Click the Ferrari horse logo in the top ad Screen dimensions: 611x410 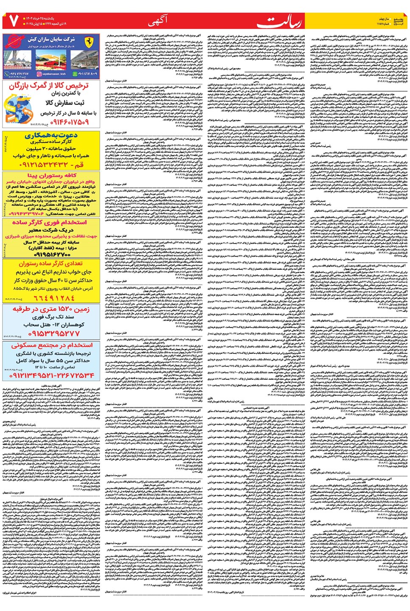88,43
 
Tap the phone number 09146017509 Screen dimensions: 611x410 70,122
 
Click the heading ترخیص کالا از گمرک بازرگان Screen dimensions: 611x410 49,86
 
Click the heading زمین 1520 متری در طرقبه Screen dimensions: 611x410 51,309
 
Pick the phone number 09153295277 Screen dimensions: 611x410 51,334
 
